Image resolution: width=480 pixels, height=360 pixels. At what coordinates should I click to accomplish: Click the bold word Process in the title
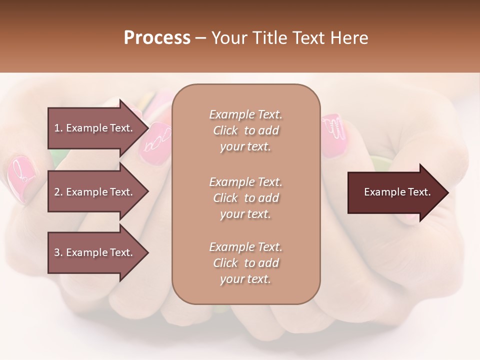pos(157,38)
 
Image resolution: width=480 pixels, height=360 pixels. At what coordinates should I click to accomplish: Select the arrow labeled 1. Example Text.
pos(95,128)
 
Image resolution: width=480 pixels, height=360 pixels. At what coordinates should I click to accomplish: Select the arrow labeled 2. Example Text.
pos(95,192)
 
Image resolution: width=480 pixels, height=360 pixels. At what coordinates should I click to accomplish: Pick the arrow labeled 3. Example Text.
pos(95,252)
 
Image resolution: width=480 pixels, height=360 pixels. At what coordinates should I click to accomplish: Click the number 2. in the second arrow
pos(58,192)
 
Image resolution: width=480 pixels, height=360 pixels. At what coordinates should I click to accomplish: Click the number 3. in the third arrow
pos(58,252)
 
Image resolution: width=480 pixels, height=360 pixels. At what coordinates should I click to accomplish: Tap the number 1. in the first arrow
pos(58,128)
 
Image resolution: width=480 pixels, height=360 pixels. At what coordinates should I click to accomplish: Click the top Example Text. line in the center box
pos(245,114)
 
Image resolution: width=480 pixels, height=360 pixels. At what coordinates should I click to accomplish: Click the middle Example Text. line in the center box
pos(245,182)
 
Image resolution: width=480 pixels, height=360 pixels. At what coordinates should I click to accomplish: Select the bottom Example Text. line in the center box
pos(245,247)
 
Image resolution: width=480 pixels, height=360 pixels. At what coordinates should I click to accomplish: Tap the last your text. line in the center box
pos(245,279)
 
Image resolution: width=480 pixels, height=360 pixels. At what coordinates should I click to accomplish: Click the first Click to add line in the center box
pos(245,130)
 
